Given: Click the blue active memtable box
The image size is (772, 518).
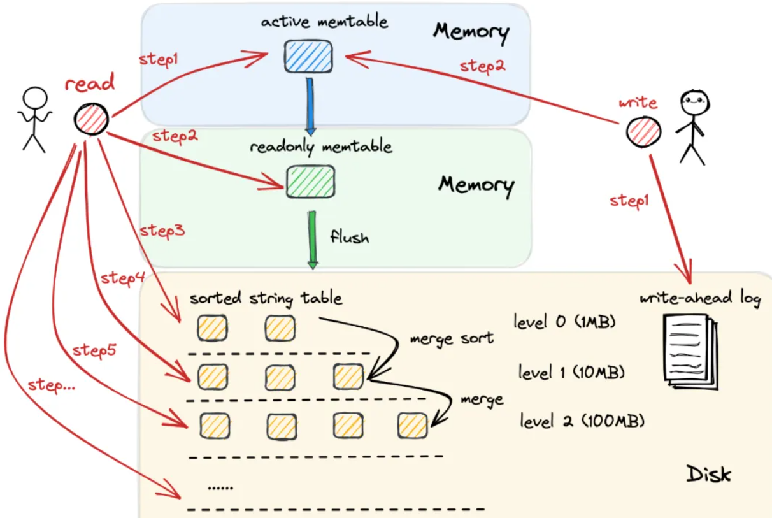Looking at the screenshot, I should click(308, 55).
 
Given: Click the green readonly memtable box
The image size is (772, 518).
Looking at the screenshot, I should click(310, 181).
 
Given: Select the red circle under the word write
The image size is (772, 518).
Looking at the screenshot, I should click(642, 132).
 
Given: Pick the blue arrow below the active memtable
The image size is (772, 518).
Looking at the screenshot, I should click(310, 104).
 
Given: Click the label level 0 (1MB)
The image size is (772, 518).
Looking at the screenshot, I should click(564, 322).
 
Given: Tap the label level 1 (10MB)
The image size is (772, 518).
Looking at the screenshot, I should click(571, 372).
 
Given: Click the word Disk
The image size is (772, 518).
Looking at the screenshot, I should click(708, 474).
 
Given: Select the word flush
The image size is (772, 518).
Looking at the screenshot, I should click(349, 238).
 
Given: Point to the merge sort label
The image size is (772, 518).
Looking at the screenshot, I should click(452, 338).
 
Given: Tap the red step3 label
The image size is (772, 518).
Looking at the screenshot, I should click(162, 231).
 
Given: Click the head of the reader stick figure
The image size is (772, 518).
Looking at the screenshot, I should click(34, 99).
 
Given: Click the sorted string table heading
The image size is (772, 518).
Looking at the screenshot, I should click(266, 298).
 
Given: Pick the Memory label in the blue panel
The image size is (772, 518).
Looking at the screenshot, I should click(471, 31).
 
